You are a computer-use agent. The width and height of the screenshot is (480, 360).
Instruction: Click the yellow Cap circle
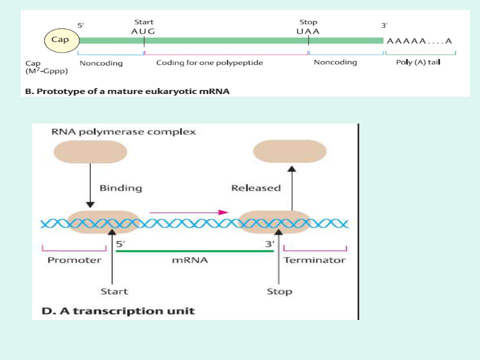[x=60, y=40]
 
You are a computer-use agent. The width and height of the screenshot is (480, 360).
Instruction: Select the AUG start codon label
[x=143, y=30]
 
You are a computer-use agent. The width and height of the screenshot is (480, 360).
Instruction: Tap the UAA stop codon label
[x=308, y=30]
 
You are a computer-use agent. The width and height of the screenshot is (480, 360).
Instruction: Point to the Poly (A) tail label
[x=418, y=62]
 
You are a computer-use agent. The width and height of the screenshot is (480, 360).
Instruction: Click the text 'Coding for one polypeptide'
[x=209, y=63]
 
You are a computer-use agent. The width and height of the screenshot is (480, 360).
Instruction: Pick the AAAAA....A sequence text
[x=419, y=41]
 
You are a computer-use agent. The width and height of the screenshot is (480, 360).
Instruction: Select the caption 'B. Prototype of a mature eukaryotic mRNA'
[x=127, y=91]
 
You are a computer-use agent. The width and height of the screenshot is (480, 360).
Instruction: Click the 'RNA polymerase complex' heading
[x=123, y=132]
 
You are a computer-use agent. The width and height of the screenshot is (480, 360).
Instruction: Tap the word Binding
[x=120, y=188]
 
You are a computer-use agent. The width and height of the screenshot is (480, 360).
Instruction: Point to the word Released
[x=256, y=188]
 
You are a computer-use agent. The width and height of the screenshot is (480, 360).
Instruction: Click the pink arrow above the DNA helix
[x=189, y=212]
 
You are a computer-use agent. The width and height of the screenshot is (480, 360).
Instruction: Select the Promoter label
[x=74, y=260]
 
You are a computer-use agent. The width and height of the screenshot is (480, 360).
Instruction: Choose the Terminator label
[x=314, y=260]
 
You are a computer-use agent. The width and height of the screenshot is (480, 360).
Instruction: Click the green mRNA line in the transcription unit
[x=195, y=251]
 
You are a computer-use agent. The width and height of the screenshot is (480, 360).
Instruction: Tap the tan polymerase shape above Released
[x=290, y=151]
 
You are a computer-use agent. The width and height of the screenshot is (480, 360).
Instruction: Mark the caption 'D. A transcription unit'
[x=118, y=311]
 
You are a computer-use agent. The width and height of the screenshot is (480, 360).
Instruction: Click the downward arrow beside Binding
[x=90, y=185]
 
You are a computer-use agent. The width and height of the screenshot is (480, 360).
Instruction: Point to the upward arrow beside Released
[x=292, y=187]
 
